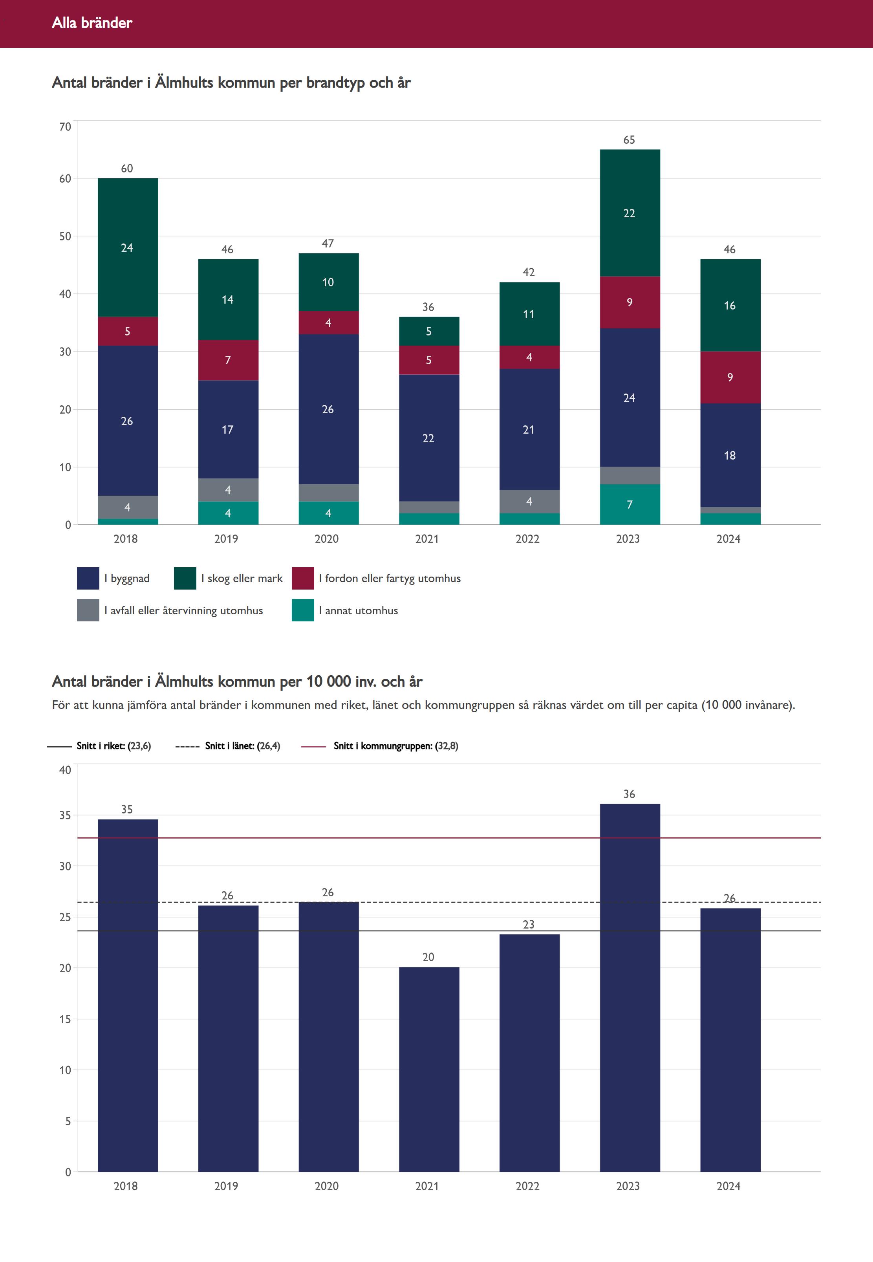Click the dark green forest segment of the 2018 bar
pos(128,247)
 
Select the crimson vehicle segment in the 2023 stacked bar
pos(630,302)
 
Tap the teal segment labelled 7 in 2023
pos(630,504)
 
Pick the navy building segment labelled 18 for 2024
pos(730,455)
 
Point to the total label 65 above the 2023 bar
pos(629,140)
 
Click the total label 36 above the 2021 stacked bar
pos(428,308)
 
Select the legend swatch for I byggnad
pos(88,578)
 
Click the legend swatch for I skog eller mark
pos(185,578)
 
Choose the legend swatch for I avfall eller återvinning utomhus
pos(88,610)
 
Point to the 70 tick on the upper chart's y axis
pos(65,127)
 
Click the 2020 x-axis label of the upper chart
pos(327,539)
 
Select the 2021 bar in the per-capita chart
pos(429,1072)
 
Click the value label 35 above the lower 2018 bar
pos(127,810)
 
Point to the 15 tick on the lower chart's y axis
pos(65,1019)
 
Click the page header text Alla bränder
pos(92,23)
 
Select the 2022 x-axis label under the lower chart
pos(527,1186)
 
